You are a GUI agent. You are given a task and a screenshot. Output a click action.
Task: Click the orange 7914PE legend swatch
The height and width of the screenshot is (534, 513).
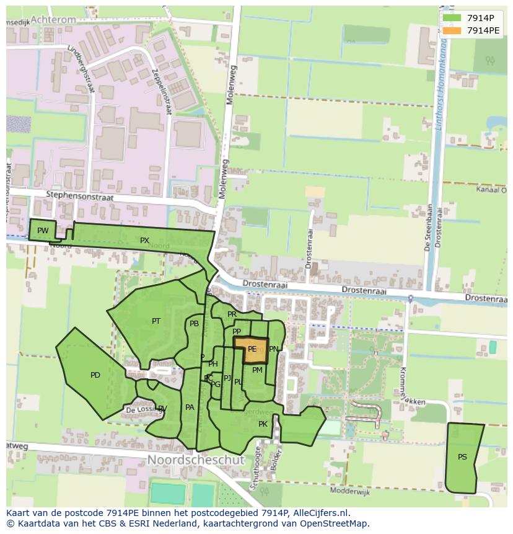452,30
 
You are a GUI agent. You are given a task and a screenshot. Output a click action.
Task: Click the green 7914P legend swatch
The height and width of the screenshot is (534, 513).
452,18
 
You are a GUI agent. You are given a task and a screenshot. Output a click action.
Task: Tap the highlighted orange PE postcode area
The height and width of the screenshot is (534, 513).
251,350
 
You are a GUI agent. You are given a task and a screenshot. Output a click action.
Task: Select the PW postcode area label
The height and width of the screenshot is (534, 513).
43,231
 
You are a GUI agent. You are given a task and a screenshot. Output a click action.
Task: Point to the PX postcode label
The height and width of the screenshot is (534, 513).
144,240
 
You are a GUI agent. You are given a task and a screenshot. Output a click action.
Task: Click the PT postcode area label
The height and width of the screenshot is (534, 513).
156,321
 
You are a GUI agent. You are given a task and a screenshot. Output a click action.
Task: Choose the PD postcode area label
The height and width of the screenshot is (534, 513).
95,375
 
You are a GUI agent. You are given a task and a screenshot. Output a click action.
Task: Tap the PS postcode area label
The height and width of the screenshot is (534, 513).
462,457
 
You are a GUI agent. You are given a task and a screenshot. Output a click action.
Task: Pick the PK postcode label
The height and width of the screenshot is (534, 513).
263,424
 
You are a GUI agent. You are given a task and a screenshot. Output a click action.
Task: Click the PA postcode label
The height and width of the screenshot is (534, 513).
190,407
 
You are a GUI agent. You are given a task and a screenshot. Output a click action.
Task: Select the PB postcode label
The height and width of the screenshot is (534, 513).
195,324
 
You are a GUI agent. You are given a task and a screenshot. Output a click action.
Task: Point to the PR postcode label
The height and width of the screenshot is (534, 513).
232,314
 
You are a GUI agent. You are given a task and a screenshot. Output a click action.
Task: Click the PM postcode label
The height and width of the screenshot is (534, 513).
257,370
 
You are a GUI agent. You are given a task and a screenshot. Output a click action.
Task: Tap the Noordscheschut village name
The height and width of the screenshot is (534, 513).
196,460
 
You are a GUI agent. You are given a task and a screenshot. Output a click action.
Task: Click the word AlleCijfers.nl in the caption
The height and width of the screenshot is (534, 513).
315,513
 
